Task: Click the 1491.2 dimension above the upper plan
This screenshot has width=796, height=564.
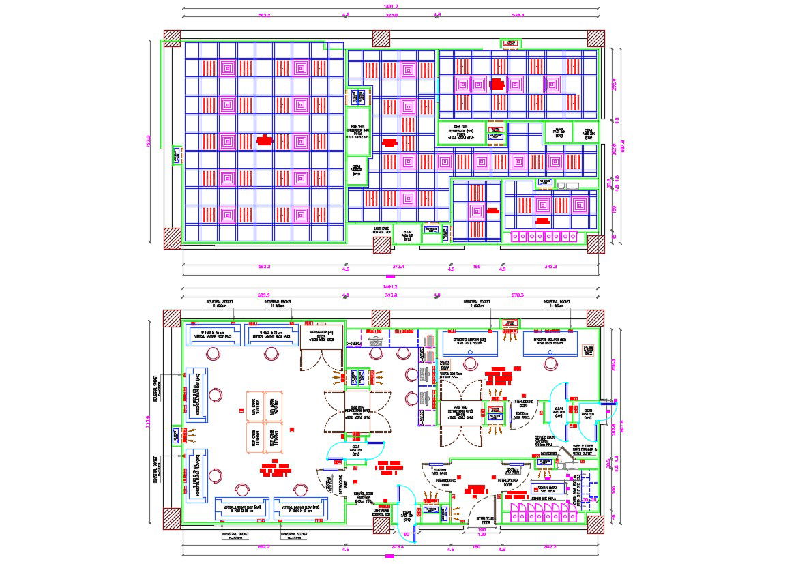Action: tap(392, 6)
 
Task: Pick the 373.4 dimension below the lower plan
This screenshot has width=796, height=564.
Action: tap(398, 546)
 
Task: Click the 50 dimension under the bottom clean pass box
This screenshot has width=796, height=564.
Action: tap(406, 534)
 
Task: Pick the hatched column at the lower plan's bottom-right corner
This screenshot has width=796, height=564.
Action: tap(595, 524)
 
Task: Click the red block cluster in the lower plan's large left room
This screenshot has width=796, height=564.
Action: tap(276, 470)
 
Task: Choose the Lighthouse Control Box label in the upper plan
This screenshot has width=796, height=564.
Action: tap(381, 231)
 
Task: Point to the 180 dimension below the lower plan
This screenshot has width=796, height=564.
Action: tap(477, 546)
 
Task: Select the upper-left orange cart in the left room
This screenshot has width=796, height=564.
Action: tap(253, 403)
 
